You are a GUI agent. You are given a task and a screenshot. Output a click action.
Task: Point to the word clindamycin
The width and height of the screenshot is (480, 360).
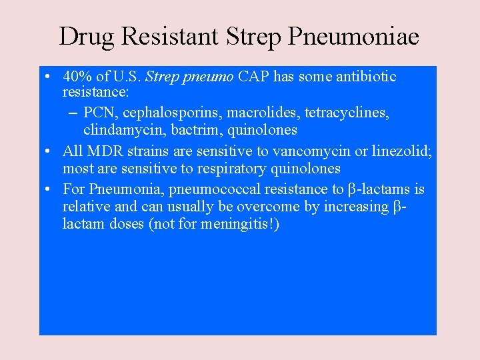123,129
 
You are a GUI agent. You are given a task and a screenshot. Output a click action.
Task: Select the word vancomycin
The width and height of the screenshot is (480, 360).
311,151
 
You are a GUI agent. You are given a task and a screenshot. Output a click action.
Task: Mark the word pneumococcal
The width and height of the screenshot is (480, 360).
211,189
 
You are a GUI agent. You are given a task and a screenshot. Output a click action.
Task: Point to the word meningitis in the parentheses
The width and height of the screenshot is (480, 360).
236,225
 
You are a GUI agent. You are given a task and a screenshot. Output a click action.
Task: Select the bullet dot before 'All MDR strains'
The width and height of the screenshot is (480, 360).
51,152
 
